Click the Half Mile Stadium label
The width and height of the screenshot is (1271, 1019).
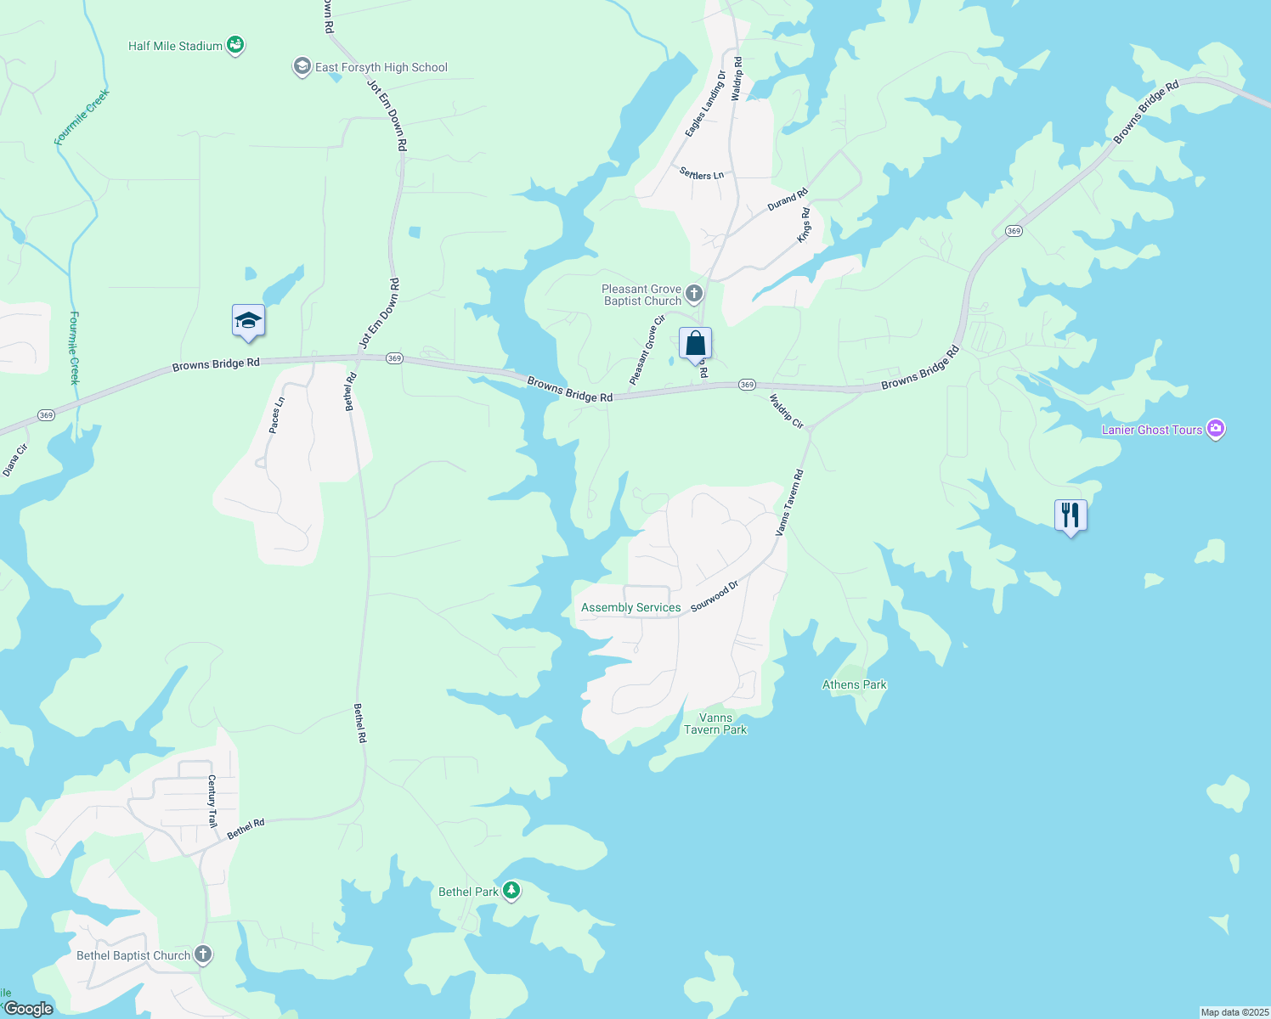(175, 46)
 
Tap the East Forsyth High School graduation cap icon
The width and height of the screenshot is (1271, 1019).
(302, 67)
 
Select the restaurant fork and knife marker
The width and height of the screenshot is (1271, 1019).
(1070, 515)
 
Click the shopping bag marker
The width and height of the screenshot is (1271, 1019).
(695, 344)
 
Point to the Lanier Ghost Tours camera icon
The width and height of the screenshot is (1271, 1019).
(1216, 429)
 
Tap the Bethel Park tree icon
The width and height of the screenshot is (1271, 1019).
(511, 891)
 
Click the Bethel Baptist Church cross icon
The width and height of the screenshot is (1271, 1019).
(203, 954)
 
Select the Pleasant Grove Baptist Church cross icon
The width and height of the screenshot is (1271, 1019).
(694, 295)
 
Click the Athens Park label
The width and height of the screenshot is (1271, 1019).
(854, 684)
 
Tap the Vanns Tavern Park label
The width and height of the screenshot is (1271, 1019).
(715, 723)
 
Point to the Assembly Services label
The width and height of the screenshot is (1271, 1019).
(630, 607)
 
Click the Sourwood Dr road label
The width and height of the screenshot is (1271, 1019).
(715, 596)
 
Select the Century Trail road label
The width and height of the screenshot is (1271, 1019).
(212, 801)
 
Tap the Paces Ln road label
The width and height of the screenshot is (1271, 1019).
(276, 415)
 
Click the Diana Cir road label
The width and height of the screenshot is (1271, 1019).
(14, 459)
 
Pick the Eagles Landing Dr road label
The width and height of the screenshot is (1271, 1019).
(706, 104)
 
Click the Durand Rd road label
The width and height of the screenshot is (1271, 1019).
(788, 200)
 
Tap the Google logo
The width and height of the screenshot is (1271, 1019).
(28, 1009)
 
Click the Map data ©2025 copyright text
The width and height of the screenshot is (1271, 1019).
(1234, 1012)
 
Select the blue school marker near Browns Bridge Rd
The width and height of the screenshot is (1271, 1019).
(248, 321)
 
